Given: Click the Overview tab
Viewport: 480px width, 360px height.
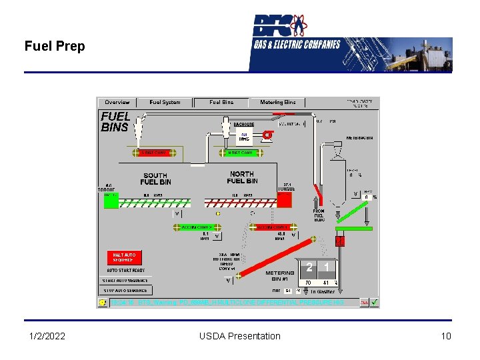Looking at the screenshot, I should coord(117,103).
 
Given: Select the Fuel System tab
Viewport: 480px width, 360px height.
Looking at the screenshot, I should coord(165,103).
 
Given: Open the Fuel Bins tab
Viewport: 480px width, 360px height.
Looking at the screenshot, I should coord(221,103).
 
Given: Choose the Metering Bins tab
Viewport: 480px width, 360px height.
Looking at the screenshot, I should coord(277,103).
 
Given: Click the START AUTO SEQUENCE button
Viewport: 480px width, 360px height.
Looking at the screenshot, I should coord(125,281).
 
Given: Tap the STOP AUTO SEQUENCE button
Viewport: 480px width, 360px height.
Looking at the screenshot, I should coord(125,291).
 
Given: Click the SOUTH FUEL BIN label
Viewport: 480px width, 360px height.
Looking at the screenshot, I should coord(156,179).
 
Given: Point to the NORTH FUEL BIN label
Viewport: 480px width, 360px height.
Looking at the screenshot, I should coord(242,177).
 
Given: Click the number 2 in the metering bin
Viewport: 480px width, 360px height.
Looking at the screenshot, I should coord(309,268).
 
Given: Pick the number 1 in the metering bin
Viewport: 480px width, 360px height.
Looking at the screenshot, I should coord(327,268).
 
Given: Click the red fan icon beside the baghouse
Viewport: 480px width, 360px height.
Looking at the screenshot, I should coord(267,135).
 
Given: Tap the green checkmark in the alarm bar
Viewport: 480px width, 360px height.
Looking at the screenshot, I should coord(375,302).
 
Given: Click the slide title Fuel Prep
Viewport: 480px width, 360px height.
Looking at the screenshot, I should coord(55,47).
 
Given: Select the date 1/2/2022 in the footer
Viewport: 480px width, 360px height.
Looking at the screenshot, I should coord(47,336).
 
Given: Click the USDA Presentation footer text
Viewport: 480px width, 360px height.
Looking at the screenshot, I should coord(240,336).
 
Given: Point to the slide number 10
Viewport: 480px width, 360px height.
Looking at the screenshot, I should coord(446,336).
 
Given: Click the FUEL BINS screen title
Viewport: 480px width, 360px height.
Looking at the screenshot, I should coord(115,122).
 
